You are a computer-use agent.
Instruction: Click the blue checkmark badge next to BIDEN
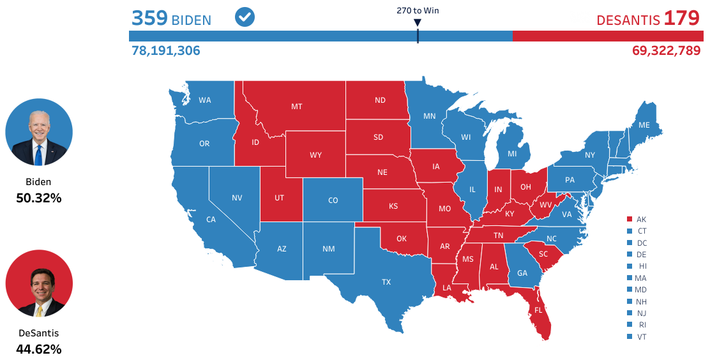[245, 17]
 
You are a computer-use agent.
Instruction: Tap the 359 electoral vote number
[149, 18]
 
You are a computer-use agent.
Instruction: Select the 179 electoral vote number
[681, 18]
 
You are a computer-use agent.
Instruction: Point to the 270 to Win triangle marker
[418, 23]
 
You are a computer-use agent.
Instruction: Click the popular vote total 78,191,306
[166, 50]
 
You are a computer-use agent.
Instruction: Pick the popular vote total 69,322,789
[666, 50]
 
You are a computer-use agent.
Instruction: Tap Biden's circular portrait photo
[39, 132]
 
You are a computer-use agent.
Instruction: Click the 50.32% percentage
[39, 198]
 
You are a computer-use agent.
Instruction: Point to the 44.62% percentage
[39, 349]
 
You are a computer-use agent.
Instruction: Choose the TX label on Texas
[386, 281]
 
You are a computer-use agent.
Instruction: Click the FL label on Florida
[538, 310]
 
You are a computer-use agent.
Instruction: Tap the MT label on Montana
[297, 107]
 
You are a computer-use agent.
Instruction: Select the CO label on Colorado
[333, 200]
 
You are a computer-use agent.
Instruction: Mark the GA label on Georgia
[522, 273]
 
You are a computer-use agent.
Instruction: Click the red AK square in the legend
[630, 219]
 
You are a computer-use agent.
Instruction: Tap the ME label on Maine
[644, 125]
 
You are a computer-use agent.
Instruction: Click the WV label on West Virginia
[546, 206]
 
